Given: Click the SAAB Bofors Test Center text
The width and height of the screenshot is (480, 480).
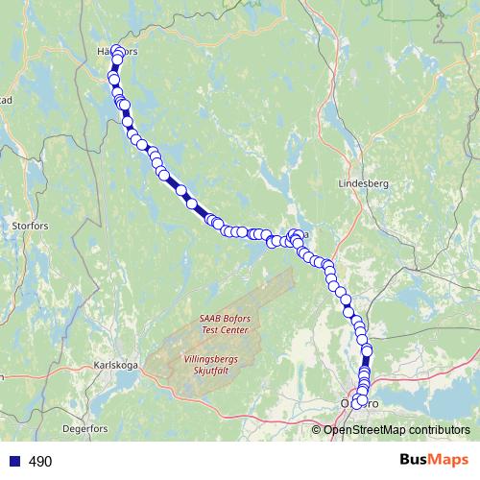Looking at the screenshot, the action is tap(225, 324).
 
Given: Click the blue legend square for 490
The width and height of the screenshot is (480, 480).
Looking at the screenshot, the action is tap(12, 462).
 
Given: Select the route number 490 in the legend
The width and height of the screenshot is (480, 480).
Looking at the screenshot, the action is tap(39, 462).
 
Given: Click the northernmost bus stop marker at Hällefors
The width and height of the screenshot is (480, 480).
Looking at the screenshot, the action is tap(118, 51).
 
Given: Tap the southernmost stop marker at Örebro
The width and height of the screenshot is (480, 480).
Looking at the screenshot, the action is tap(358, 404).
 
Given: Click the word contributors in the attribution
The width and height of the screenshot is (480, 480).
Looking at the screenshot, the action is tap(442, 429).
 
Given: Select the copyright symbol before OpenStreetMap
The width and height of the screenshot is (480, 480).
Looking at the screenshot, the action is tap(317, 429).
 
